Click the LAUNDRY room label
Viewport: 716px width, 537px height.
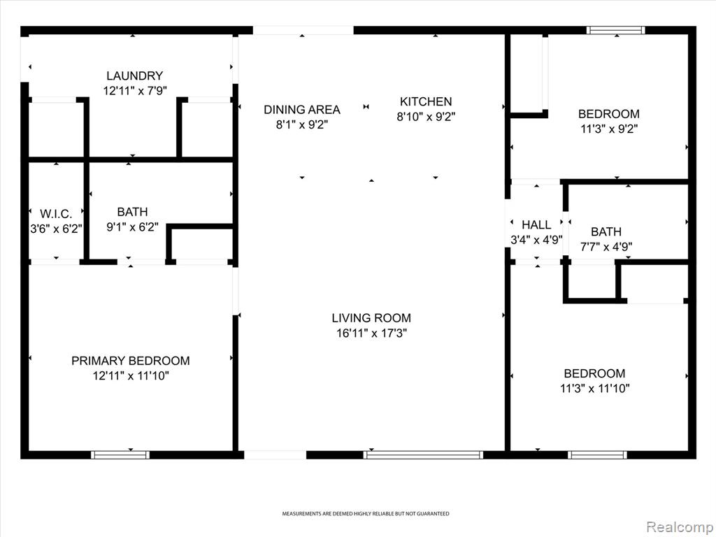pyautogui.click(x=135, y=76)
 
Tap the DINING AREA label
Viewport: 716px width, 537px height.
pyautogui.click(x=302, y=110)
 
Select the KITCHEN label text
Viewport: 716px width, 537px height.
pyautogui.click(x=426, y=101)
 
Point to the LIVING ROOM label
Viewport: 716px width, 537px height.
pyautogui.click(x=371, y=318)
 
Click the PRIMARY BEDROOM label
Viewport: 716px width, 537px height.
pyautogui.click(x=131, y=361)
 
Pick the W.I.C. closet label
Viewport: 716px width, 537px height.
pyautogui.click(x=56, y=214)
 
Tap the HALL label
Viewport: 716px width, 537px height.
pyautogui.click(x=536, y=224)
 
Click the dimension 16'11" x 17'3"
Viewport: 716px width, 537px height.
pyautogui.click(x=371, y=334)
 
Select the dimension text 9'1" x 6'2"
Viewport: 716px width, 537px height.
pyautogui.click(x=132, y=227)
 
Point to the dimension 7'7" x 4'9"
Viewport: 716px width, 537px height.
pyautogui.click(x=606, y=247)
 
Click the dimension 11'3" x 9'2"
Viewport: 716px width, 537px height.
pyautogui.click(x=609, y=129)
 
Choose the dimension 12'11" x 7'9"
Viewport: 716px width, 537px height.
pyautogui.click(x=135, y=91)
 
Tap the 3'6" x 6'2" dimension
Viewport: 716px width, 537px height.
pyautogui.click(x=56, y=229)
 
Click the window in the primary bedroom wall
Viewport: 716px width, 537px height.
pyautogui.click(x=120, y=454)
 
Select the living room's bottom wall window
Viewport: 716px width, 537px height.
pyautogui.click(x=423, y=454)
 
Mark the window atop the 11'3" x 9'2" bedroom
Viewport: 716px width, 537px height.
pyautogui.click(x=616, y=31)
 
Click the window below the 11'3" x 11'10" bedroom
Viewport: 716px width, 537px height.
pyautogui.click(x=598, y=454)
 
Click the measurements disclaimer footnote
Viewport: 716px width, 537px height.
pyautogui.click(x=365, y=514)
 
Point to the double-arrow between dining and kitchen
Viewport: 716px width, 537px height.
pyautogui.click(x=366, y=107)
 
